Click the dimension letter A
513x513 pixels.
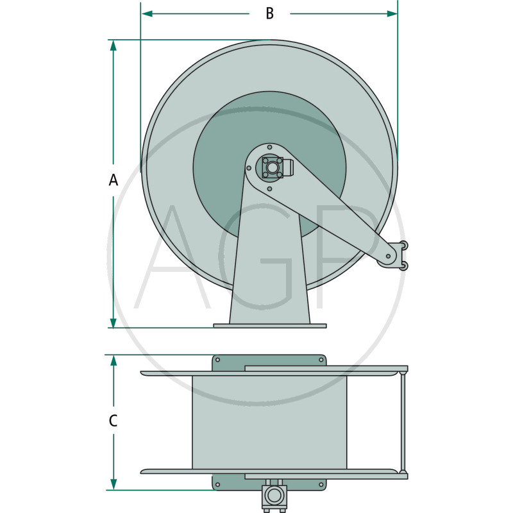click(x=114, y=180)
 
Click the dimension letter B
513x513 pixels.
click(x=269, y=13)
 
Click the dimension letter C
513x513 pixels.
click(x=113, y=421)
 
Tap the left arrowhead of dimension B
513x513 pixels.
click(x=147, y=13)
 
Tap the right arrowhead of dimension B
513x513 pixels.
click(x=392, y=13)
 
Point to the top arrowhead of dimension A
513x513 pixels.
click(x=114, y=45)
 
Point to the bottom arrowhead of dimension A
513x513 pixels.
click(x=114, y=323)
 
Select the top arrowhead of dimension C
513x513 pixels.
click(x=114, y=360)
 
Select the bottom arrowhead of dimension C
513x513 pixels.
click(x=114, y=485)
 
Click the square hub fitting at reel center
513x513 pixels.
click(x=273, y=167)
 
